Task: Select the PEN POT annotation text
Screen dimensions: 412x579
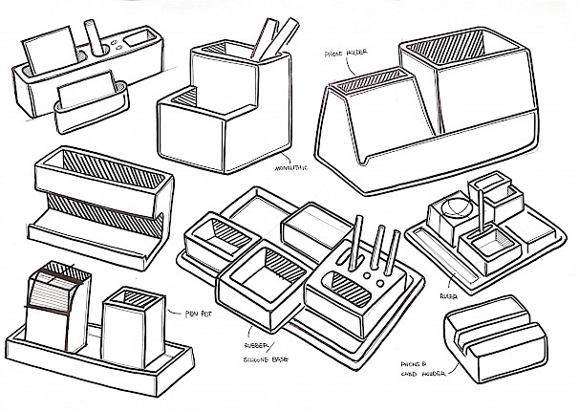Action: (x=182, y=311)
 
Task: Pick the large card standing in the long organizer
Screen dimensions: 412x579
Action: (x=45, y=54)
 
